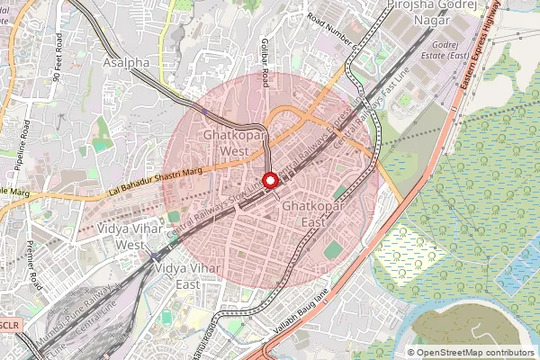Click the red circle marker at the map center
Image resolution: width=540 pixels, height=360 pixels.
point(270,180)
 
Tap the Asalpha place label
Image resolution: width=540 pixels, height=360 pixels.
point(126,63)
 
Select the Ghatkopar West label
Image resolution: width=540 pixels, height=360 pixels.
point(227,143)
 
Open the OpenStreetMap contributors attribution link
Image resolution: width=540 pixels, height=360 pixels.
point(475,353)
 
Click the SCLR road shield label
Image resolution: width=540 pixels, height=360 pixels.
point(9,322)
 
